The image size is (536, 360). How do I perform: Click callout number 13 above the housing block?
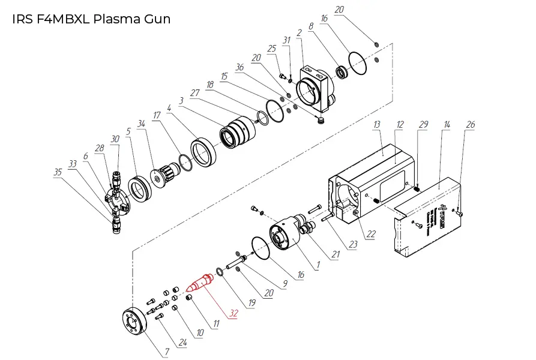click(377, 124)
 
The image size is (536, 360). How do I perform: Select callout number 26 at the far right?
click(471, 124)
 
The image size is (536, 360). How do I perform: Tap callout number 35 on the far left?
click(58, 172)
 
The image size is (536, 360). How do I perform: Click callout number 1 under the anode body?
click(319, 265)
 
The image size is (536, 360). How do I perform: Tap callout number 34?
click(142, 124)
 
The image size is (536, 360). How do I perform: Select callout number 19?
click(251, 303)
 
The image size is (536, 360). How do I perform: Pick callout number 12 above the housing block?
click(399, 124)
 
